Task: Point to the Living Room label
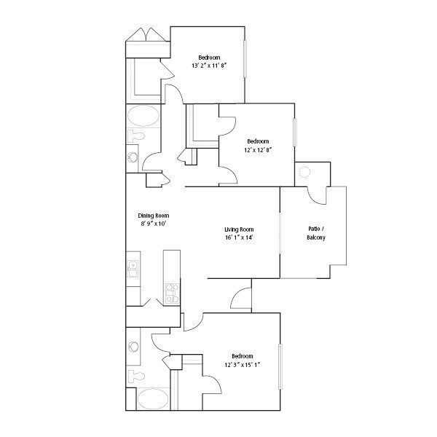[238, 237]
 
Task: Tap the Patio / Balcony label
[315, 234]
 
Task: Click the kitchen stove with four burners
[173, 293]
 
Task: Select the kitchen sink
[133, 269]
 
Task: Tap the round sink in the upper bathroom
[132, 157]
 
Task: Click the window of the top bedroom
[245, 58]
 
